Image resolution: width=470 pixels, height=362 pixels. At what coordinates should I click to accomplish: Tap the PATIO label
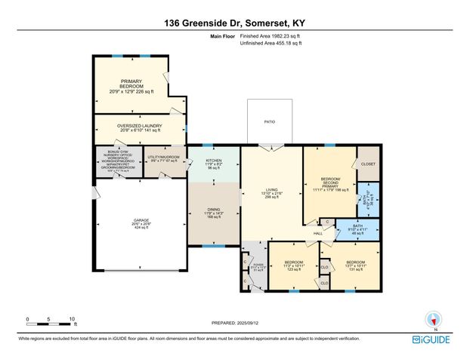pyautogui.click(x=270, y=121)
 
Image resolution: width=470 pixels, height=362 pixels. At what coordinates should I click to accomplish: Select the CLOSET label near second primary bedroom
pyautogui.click(x=368, y=163)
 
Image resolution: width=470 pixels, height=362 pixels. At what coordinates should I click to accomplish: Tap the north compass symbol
pyautogui.click(x=433, y=320)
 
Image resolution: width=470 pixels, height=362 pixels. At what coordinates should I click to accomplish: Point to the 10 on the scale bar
pyautogui.click(x=72, y=320)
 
